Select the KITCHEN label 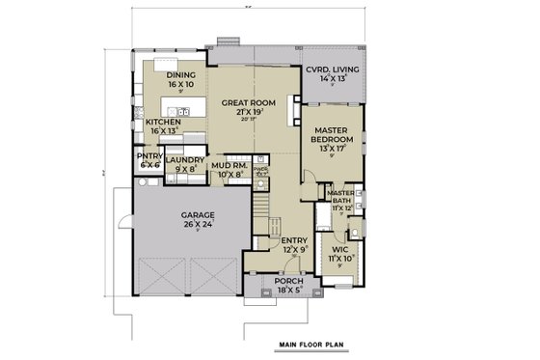(162, 123)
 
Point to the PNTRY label (148, 157)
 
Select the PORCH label (287, 279)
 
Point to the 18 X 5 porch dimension (287, 288)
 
